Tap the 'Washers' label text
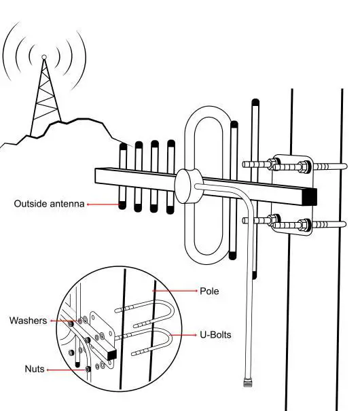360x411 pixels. click(29, 320)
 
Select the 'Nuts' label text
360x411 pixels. click(33, 369)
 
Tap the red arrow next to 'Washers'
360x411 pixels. click(62, 320)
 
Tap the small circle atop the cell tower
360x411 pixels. click(44, 57)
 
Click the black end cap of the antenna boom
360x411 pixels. click(310, 195)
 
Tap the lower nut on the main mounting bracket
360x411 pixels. click(272, 220)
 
